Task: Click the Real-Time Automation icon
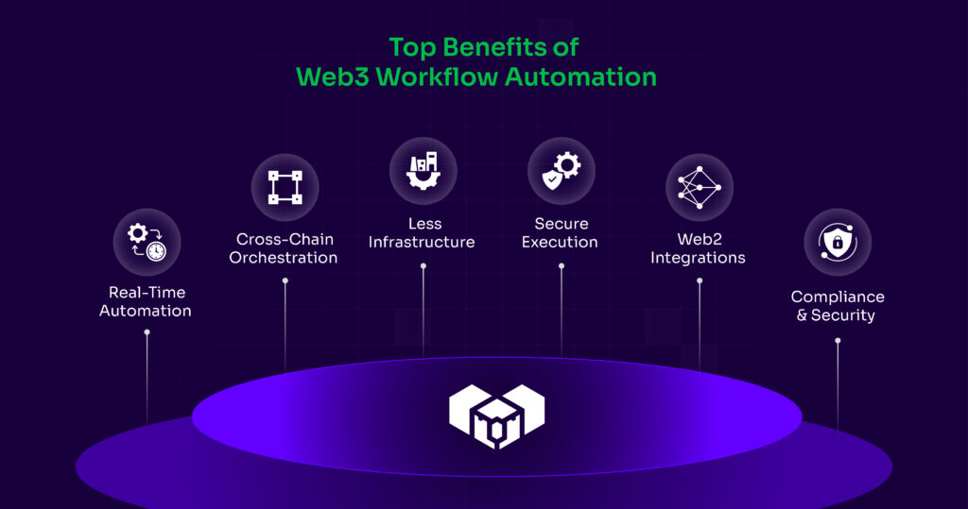(x=147, y=242)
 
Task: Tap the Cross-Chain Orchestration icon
(x=285, y=187)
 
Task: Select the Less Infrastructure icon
(x=423, y=171)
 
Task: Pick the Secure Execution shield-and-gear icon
(x=561, y=171)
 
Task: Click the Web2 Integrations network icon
(x=699, y=187)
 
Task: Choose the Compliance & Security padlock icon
(x=837, y=242)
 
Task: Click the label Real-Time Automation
(x=146, y=301)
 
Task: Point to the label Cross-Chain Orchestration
(x=284, y=248)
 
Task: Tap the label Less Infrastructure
(x=422, y=233)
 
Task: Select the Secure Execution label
(x=561, y=233)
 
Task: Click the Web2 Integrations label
(x=699, y=248)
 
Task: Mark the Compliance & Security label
(x=837, y=306)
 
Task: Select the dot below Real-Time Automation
(x=147, y=332)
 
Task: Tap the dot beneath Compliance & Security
(x=837, y=340)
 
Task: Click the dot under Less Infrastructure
(x=423, y=266)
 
